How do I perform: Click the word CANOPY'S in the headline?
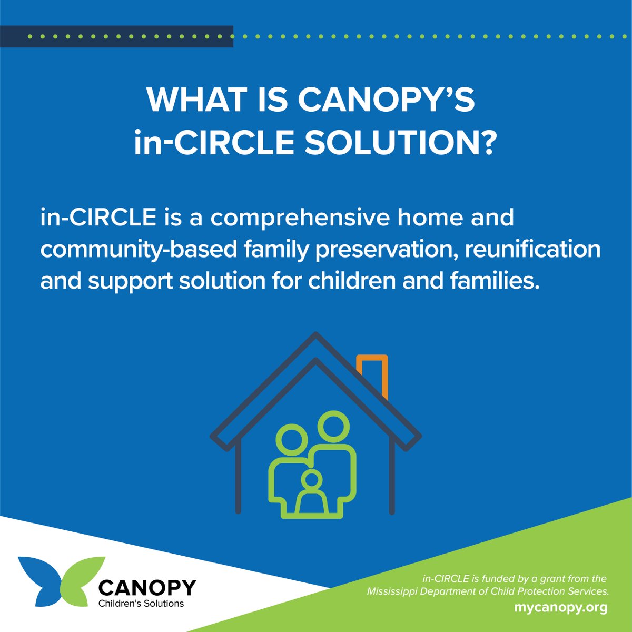tap(387, 100)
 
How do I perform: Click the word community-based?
tap(139, 249)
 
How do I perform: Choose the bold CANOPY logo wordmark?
tap(147, 587)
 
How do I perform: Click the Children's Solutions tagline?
tap(141, 604)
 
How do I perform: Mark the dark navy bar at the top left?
tap(116, 36)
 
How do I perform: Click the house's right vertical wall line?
tap(392, 474)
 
